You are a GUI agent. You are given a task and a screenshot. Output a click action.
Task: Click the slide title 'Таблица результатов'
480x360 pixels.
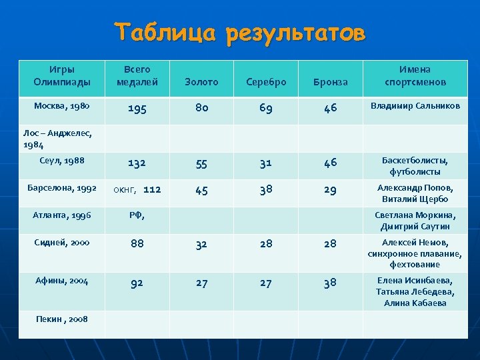[x=239, y=32]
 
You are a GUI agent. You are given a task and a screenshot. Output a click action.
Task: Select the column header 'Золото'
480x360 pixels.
[x=202, y=82]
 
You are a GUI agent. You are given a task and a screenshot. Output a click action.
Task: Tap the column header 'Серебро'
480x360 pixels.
[x=266, y=82]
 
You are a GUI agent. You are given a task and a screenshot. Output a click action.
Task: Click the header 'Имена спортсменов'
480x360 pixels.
[x=415, y=76]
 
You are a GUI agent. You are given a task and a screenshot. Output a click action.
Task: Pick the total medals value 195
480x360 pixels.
[x=137, y=108]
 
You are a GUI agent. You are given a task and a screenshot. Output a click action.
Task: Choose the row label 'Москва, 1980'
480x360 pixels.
[x=62, y=105]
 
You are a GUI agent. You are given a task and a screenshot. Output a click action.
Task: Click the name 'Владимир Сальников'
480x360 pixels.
[x=415, y=106]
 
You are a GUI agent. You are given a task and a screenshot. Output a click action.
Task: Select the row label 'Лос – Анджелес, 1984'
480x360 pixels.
[x=57, y=138]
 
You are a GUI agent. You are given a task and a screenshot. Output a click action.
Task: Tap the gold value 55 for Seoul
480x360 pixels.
[x=201, y=163]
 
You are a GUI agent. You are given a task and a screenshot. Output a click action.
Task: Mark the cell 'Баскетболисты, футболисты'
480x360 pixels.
[x=415, y=166]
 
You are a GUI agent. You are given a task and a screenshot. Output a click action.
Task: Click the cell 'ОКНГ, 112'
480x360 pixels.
[x=137, y=190]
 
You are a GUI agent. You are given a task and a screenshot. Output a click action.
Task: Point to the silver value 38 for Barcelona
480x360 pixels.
[x=266, y=190]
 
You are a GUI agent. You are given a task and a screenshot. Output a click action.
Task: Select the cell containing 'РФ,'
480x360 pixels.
[x=137, y=215]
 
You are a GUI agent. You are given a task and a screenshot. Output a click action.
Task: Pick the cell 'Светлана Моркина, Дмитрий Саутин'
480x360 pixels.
[x=415, y=221]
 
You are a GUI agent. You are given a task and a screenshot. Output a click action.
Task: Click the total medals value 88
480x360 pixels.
[x=137, y=245]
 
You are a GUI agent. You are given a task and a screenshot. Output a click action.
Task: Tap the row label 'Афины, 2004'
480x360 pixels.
[x=62, y=281]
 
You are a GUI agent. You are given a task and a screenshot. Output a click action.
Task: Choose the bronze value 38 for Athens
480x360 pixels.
[x=330, y=283]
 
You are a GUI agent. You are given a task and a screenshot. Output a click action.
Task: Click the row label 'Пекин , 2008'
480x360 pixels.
[x=62, y=318]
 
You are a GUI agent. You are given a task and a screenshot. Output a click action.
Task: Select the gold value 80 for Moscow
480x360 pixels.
[x=201, y=108]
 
